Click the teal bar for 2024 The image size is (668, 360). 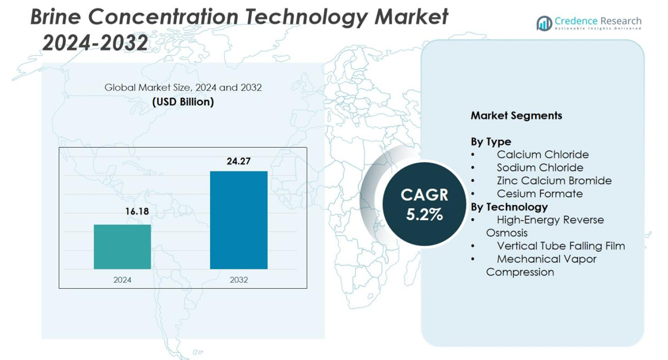point(123,246)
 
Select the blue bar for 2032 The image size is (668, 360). point(239,220)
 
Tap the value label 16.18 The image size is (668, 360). point(137,212)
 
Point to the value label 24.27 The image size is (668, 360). point(239,161)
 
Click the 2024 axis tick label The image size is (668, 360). point(123,279)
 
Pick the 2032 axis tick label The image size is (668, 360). point(239,279)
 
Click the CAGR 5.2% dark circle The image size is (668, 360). point(424,204)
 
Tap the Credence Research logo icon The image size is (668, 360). point(544,23)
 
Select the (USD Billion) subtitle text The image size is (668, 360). point(183,102)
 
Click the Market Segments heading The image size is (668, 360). point(516,115)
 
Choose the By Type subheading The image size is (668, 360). point(490,142)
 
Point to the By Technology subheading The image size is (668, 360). point(509,207)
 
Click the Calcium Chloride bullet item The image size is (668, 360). point(542,155)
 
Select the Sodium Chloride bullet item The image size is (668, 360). point(539,167)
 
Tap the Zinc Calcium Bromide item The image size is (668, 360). point(554,181)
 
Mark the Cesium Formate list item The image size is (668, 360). point(539,194)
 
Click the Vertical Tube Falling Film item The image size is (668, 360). point(560,246)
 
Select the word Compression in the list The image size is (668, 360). point(520,272)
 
